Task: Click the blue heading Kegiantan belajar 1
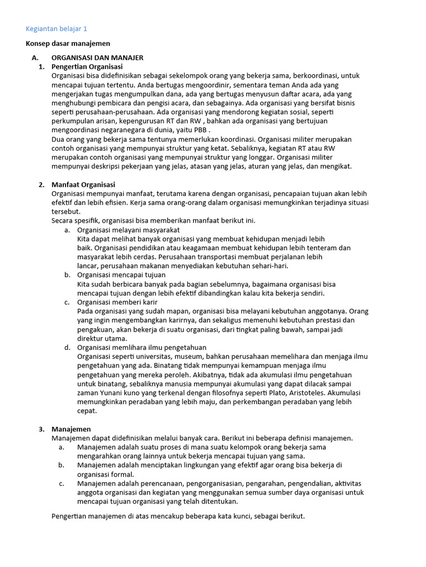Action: (57, 29)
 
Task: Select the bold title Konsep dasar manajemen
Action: (68, 43)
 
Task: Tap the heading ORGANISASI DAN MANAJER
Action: (98, 58)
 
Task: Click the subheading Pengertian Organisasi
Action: (87, 66)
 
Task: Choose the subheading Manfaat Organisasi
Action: (83, 184)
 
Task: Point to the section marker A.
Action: (35, 58)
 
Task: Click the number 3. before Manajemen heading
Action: (42, 429)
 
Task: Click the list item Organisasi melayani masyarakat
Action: (128, 229)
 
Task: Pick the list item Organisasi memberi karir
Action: (117, 302)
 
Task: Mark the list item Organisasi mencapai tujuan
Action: (121, 275)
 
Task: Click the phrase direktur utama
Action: (102, 338)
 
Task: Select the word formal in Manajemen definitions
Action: (121, 474)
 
